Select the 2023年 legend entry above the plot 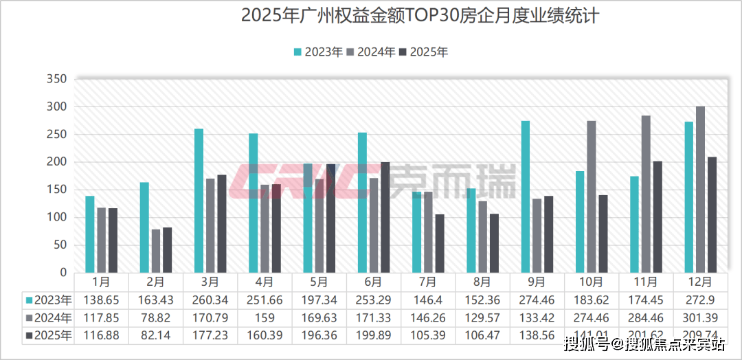click(x=318, y=52)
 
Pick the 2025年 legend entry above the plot click(x=423, y=52)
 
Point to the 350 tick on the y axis click(x=57, y=80)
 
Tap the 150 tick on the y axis click(x=57, y=190)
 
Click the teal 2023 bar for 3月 click(x=199, y=201)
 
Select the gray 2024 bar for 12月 click(x=700, y=190)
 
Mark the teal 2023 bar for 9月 click(x=526, y=196)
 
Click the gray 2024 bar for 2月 click(x=156, y=251)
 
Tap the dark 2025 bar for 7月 click(x=439, y=243)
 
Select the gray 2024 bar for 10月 click(x=592, y=196)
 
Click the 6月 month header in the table click(x=373, y=282)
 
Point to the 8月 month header click(x=482, y=282)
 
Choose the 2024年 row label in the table click(x=48, y=318)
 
